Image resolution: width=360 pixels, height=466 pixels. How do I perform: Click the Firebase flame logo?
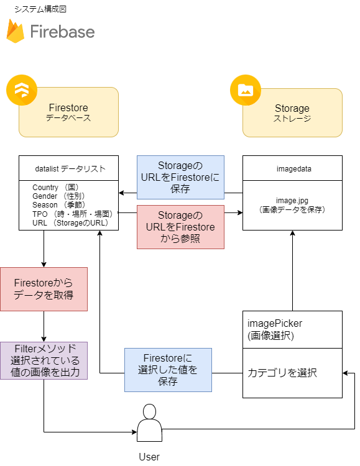[16, 31]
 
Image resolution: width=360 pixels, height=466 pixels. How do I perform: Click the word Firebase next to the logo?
[62, 32]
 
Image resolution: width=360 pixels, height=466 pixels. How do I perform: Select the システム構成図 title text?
[40, 9]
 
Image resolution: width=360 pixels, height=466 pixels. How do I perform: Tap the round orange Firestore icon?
[22, 91]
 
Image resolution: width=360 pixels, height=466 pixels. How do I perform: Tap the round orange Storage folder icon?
[246, 91]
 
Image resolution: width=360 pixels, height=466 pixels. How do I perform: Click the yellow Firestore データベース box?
[68, 112]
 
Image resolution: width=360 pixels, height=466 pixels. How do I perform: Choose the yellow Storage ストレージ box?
[292, 112]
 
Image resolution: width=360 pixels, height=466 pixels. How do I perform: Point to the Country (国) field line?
[56, 187]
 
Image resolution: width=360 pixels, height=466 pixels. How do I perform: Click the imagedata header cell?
[292, 168]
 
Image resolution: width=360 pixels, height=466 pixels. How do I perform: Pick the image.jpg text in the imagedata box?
[292, 200]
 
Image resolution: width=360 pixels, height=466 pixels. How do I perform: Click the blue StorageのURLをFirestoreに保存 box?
[180, 177]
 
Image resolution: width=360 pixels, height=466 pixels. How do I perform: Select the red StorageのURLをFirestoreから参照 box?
[180, 227]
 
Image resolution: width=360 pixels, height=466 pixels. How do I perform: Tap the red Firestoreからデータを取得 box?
[44, 289]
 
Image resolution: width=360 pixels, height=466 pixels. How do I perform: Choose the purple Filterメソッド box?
[44, 360]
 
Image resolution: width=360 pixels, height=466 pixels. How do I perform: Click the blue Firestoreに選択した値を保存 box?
[168, 370]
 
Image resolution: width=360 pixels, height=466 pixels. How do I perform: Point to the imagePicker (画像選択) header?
[292, 329]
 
